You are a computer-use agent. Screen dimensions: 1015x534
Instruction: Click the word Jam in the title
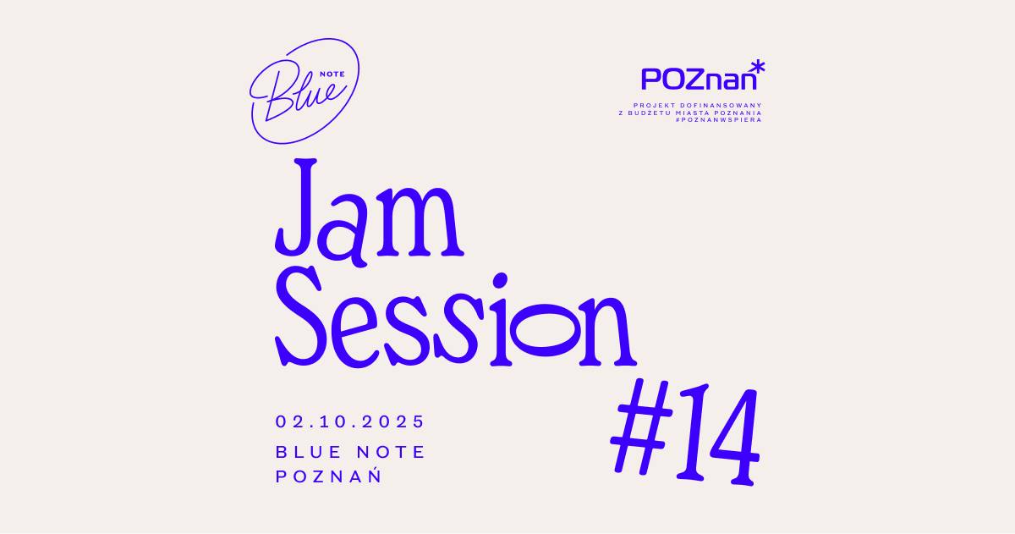pyautogui.click(x=370, y=212)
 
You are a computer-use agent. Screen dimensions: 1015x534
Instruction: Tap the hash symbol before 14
pyautogui.click(x=641, y=427)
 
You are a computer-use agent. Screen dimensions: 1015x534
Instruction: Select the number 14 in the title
pyautogui.click(x=717, y=434)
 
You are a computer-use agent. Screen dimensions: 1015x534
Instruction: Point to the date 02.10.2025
pyautogui.click(x=349, y=421)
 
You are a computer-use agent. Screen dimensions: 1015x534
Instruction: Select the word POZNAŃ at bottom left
pyautogui.click(x=328, y=476)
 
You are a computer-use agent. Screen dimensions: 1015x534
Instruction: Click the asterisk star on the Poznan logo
pyautogui.click(x=758, y=68)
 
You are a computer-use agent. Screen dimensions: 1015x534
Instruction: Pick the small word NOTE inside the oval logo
pyautogui.click(x=332, y=74)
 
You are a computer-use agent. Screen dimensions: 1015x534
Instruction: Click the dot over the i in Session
pyautogui.click(x=500, y=281)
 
